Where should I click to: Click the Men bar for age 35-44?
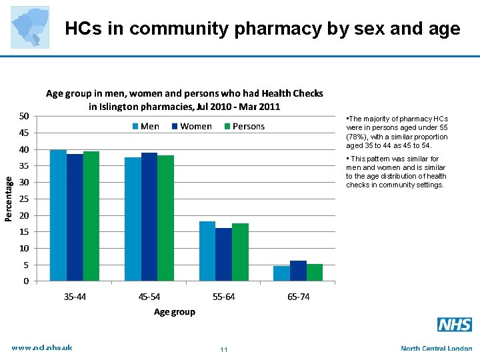tap(58, 215)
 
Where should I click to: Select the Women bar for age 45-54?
tap(149, 217)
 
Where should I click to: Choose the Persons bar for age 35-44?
tap(91, 216)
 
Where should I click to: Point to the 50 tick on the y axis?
tap(23, 116)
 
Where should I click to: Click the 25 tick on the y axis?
tap(23, 199)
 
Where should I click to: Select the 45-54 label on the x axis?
tap(149, 297)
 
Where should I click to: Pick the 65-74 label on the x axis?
tap(298, 297)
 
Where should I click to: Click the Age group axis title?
tap(175, 312)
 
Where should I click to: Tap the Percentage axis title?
tap(9, 199)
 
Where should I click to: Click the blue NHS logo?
tap(455, 325)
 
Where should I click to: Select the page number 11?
tap(224, 350)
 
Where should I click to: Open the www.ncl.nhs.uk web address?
tap(42, 347)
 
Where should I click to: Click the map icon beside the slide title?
tap(30, 27)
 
